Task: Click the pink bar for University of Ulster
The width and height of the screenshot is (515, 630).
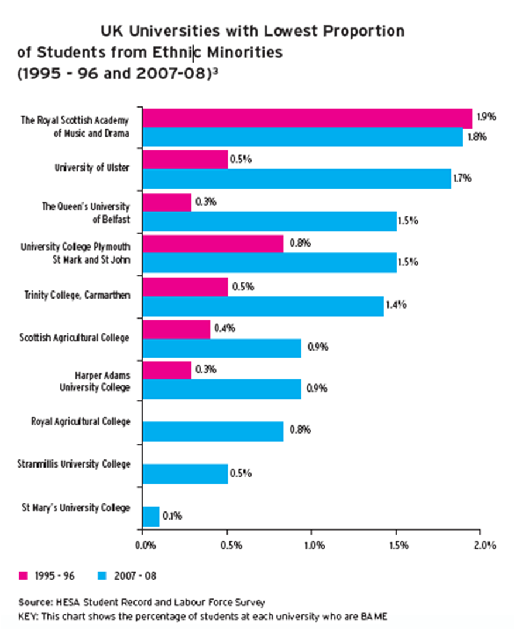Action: (185, 160)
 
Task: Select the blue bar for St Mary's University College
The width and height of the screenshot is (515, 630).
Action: (150, 516)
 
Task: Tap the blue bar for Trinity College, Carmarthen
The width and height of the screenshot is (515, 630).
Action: (263, 306)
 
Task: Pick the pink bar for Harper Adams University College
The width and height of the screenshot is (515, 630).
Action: (167, 370)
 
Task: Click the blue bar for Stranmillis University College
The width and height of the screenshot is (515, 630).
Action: (185, 474)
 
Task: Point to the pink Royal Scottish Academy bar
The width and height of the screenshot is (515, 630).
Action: (307, 118)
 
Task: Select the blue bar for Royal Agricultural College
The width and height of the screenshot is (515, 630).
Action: (213, 431)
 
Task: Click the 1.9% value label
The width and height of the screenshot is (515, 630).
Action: (486, 116)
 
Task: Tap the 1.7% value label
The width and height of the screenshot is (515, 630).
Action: (465, 178)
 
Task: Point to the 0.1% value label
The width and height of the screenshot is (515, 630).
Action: (173, 516)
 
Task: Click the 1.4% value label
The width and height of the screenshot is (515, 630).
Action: (397, 304)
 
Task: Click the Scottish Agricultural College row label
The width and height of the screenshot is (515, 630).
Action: (74, 338)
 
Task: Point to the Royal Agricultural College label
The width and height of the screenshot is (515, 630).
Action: (80, 421)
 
